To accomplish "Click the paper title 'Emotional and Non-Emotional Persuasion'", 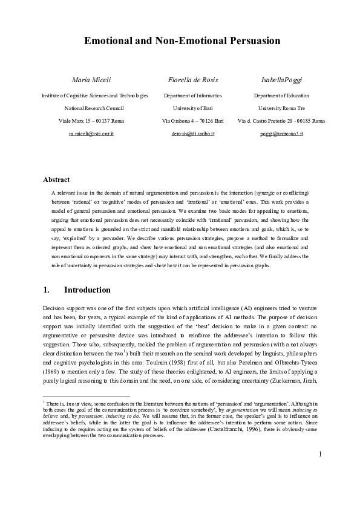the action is click(x=182, y=41).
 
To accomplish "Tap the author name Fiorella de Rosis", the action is click(x=192, y=80).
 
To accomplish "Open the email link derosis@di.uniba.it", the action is click(x=192, y=132).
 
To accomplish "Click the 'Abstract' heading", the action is click(x=56, y=180).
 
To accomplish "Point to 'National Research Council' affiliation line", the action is click(x=94, y=108).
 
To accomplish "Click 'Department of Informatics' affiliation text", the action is click(x=192, y=96).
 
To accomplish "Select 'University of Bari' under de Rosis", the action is click(x=192, y=108).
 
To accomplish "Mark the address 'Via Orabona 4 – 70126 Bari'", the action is click(x=192, y=121).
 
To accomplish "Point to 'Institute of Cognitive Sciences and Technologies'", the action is click(x=94, y=96).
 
